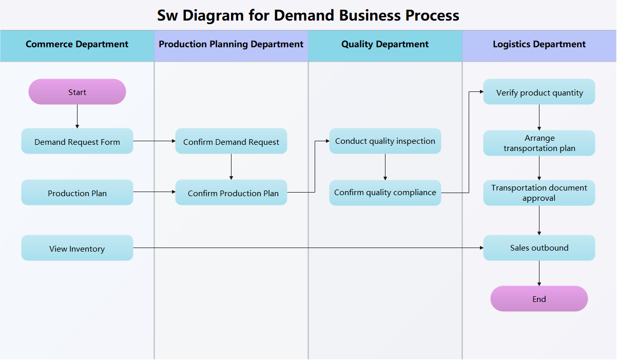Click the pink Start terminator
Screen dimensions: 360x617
(77, 92)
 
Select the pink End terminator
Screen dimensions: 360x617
(539, 299)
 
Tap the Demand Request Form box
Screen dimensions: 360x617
(77, 141)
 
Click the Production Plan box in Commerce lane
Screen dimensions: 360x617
(77, 193)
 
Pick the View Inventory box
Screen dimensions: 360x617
(77, 248)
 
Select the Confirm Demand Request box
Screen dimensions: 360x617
(231, 141)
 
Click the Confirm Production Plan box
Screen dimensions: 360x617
(231, 193)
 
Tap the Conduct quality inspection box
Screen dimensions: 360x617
(385, 141)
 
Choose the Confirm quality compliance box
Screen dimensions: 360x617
(385, 193)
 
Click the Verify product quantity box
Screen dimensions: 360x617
(539, 92)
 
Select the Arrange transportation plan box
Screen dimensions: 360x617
(539, 143)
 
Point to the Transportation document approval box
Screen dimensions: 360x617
(539, 193)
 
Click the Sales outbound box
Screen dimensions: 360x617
(539, 248)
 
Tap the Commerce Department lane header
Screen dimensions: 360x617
(77, 45)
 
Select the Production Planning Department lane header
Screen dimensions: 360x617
(231, 45)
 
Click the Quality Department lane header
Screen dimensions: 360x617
(385, 45)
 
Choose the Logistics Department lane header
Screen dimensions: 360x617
(539, 45)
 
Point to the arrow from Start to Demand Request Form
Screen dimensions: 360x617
(77, 116)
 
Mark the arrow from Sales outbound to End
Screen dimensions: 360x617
(539, 273)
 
